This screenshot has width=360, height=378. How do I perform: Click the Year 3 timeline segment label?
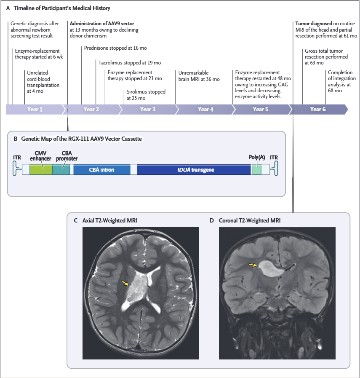(x=148, y=110)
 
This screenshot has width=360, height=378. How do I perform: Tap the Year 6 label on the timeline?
(x=317, y=110)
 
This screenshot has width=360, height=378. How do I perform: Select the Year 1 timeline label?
(x=35, y=110)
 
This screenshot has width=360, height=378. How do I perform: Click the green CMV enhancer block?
(x=41, y=170)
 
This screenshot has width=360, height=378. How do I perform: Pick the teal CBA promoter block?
(x=61, y=170)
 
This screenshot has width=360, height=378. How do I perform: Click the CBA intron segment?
(x=102, y=170)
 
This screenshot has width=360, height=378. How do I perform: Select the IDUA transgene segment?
(x=194, y=170)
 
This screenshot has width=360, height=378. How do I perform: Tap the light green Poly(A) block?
(x=257, y=170)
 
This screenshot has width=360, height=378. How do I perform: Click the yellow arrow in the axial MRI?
(x=125, y=283)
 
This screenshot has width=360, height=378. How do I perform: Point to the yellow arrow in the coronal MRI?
(x=253, y=265)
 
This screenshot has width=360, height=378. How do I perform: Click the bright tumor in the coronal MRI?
(x=270, y=269)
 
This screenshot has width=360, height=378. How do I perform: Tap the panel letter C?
(x=76, y=220)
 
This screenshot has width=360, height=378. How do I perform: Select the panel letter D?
(x=212, y=220)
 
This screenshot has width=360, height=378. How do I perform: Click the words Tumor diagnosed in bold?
(x=314, y=24)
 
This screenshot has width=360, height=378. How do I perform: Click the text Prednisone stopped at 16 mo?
(x=115, y=48)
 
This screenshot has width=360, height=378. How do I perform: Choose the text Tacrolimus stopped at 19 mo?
(x=130, y=63)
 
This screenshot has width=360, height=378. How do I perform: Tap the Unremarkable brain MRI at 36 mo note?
(x=199, y=76)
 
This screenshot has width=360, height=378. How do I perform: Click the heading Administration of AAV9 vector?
(x=102, y=24)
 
